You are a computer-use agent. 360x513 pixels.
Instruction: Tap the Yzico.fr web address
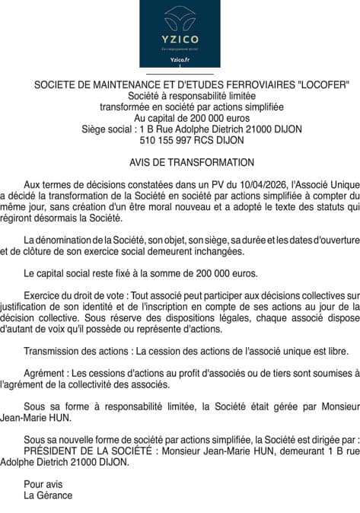(180, 59)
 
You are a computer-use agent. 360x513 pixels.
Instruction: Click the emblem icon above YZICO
(180, 16)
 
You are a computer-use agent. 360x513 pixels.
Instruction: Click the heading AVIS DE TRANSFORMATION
(180, 162)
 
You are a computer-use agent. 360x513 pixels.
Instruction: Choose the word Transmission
(54, 352)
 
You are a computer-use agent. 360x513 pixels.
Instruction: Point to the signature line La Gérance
(48, 495)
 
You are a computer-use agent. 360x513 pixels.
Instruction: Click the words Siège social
(107, 129)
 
